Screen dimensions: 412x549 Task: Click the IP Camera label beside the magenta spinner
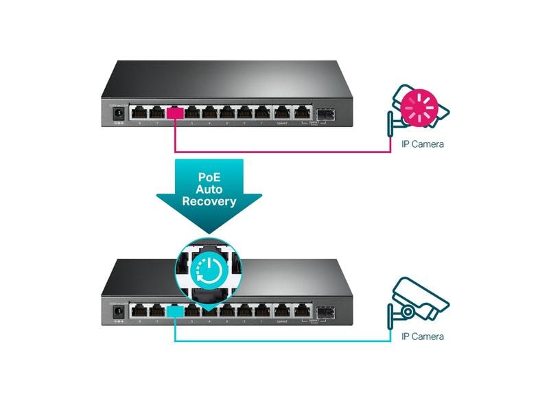pos(422,144)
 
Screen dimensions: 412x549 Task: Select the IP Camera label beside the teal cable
pos(422,336)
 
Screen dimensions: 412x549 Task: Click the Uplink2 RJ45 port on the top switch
pos(282,113)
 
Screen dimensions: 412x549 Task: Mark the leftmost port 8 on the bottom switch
pos(140,311)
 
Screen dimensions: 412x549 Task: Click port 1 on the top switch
pos(261,113)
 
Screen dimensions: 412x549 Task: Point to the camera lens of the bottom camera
pos(410,310)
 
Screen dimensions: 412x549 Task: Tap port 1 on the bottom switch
pos(261,311)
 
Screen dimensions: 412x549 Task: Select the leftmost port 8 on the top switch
pos(140,113)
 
